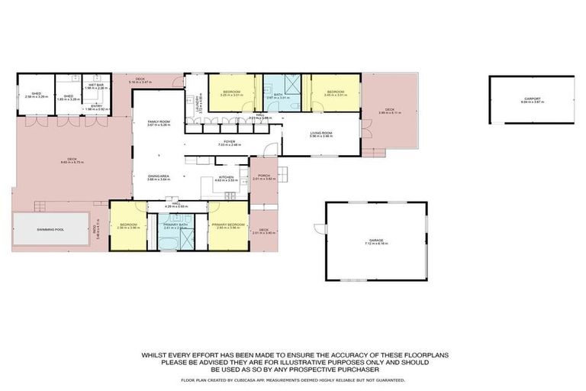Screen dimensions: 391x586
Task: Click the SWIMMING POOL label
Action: (39, 229)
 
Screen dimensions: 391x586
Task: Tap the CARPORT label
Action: (531, 99)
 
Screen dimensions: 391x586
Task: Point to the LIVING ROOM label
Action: (320, 133)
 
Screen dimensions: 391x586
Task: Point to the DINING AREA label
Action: (159, 176)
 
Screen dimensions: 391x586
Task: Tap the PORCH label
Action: (263, 175)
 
